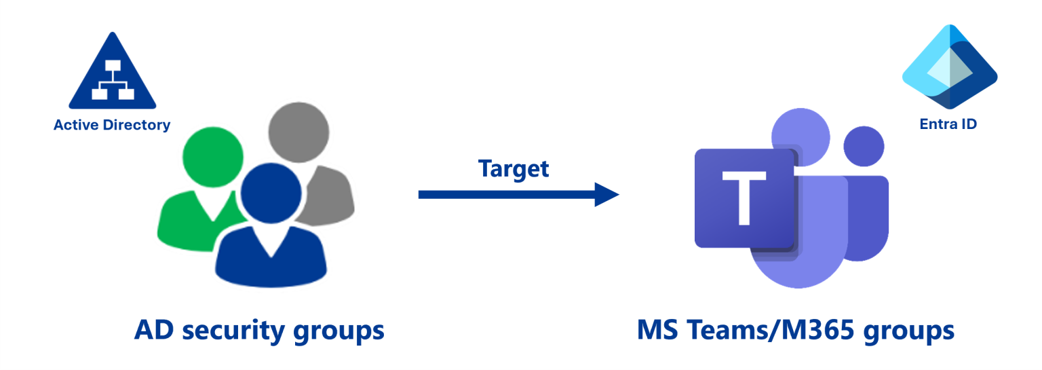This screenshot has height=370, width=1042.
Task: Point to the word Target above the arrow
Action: tap(514, 168)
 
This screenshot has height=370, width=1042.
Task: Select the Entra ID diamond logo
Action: tap(949, 67)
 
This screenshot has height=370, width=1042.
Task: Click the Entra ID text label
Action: tap(948, 124)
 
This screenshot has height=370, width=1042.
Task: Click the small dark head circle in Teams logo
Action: tap(864, 147)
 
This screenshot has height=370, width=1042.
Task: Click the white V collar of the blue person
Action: tap(271, 242)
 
